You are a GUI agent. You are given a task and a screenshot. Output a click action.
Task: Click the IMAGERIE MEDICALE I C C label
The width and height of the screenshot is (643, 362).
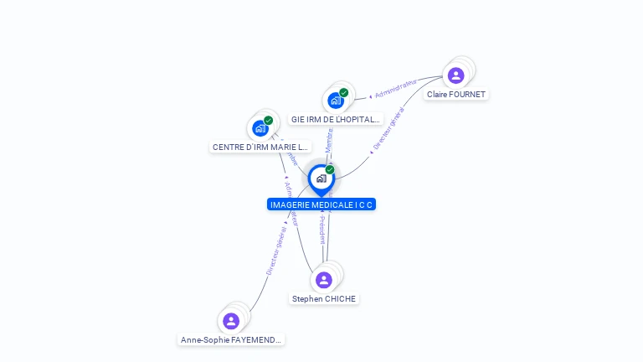tap(321, 204)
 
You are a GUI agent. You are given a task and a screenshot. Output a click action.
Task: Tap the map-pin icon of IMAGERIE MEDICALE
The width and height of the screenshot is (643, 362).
tap(321, 179)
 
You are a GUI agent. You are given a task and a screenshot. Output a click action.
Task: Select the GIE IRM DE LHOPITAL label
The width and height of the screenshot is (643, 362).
tap(335, 120)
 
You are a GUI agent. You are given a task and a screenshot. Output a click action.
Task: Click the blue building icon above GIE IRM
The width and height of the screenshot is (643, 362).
tap(336, 101)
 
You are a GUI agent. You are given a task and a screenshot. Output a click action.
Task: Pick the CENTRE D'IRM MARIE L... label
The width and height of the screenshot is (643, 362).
tap(260, 147)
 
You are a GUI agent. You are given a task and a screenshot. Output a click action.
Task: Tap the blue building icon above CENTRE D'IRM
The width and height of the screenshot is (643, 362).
tap(260, 128)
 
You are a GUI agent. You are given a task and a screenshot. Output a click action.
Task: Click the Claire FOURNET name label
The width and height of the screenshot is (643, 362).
tap(456, 95)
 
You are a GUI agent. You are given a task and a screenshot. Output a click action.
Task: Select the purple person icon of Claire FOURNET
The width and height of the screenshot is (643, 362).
tap(455, 75)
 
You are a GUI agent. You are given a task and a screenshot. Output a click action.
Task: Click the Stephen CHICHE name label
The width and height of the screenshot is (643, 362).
tap(324, 299)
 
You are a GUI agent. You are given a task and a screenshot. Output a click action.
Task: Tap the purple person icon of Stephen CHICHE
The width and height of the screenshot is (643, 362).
tap(324, 280)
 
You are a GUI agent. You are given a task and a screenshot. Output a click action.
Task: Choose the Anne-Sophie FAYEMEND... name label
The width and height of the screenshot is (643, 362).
tap(232, 340)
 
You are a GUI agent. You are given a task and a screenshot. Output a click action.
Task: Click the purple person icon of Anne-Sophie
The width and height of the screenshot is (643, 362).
tap(231, 321)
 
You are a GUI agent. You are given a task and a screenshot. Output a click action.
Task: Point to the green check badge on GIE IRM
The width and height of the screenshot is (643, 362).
tap(343, 93)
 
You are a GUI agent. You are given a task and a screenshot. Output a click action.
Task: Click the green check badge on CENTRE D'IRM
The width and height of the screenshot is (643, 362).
tap(268, 121)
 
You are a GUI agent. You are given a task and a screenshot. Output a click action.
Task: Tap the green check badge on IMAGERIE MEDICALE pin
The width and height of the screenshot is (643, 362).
tap(330, 170)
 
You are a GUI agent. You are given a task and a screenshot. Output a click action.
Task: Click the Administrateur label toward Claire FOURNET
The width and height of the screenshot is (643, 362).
tap(395, 89)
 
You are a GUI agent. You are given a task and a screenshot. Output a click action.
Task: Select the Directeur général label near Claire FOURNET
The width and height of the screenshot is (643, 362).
tap(388, 131)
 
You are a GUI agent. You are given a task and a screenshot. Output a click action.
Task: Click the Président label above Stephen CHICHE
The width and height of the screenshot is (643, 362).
tap(322, 230)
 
